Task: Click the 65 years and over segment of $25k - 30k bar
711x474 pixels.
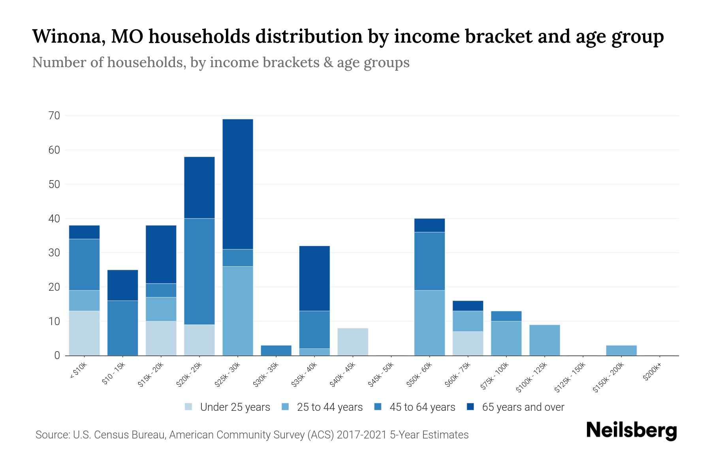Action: (x=238, y=184)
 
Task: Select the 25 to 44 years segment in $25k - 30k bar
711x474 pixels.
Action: (x=238, y=311)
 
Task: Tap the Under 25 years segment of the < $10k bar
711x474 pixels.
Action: (x=84, y=333)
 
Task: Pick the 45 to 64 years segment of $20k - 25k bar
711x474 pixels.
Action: (x=199, y=271)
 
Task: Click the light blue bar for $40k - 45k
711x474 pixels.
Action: (x=353, y=342)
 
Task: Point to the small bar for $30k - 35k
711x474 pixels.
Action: (x=276, y=350)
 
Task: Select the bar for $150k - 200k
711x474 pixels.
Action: (x=621, y=350)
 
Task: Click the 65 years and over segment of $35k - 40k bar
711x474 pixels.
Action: (x=314, y=278)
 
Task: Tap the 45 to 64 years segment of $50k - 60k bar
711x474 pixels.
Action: (x=429, y=261)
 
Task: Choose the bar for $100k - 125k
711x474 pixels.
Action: (x=544, y=340)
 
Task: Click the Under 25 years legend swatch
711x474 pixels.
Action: (x=189, y=407)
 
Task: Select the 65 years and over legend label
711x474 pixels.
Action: (x=523, y=407)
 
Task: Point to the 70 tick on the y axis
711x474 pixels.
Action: (x=54, y=116)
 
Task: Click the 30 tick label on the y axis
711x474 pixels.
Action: (x=54, y=253)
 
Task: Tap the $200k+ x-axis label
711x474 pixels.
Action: (x=652, y=372)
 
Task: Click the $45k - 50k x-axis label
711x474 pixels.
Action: (x=381, y=377)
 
